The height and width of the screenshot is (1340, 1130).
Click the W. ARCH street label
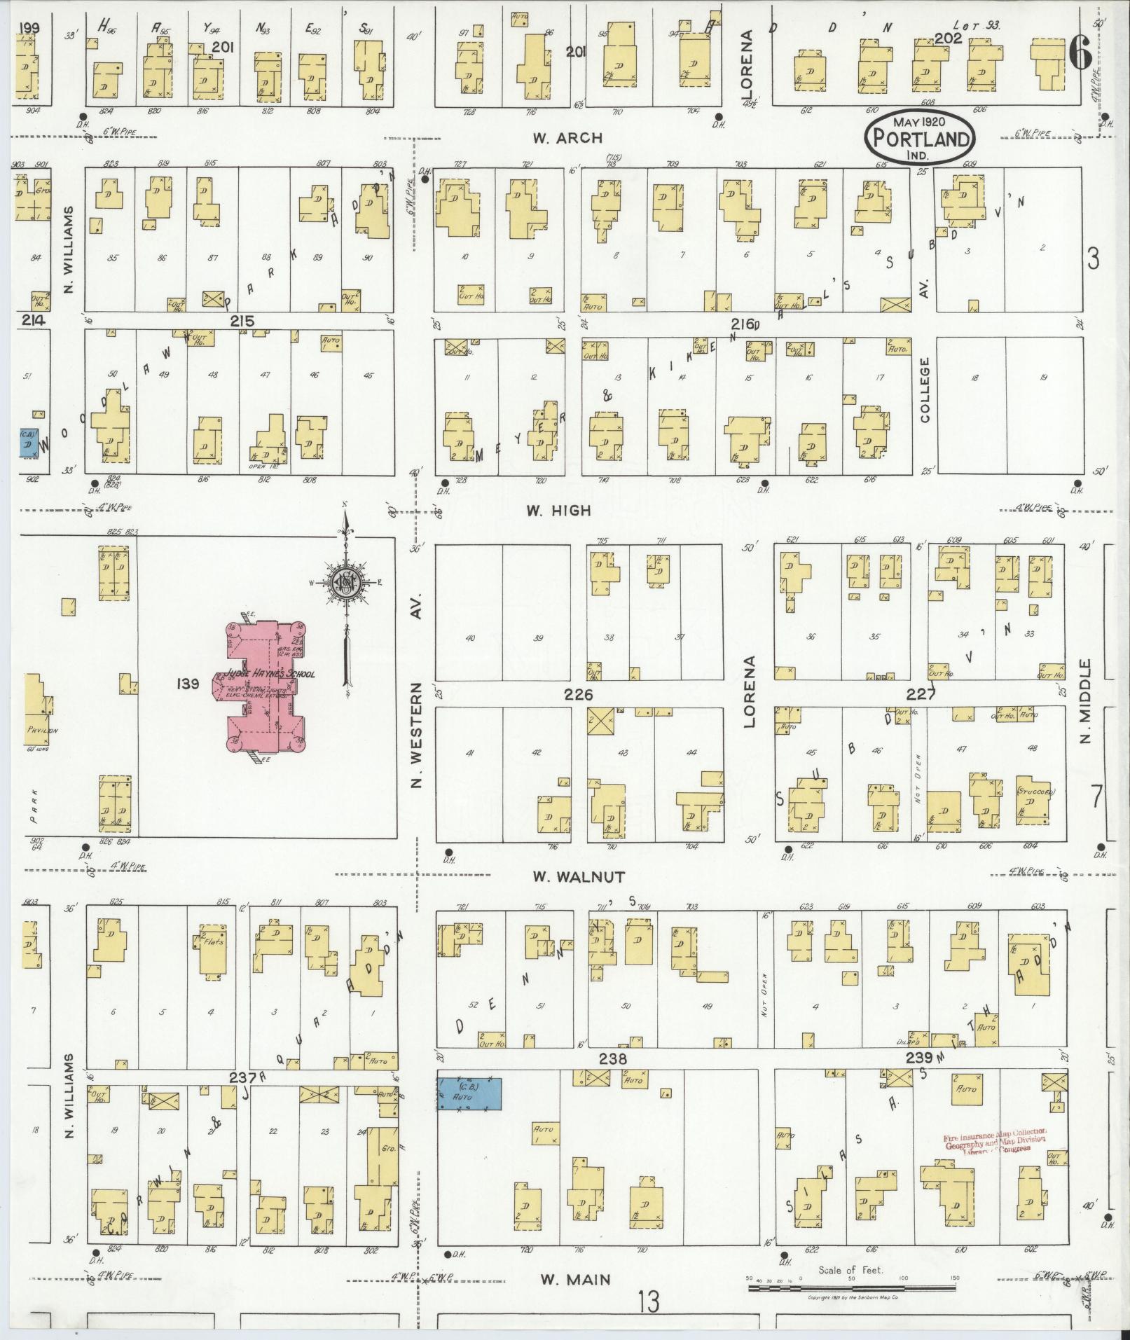point(567,138)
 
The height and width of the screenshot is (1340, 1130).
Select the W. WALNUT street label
point(579,876)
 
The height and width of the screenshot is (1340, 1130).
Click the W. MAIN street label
point(566,1280)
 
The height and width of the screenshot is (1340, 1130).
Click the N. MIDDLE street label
point(1086,700)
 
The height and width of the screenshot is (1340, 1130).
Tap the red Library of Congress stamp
point(995,1140)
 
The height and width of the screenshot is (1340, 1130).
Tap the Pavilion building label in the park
point(42,730)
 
